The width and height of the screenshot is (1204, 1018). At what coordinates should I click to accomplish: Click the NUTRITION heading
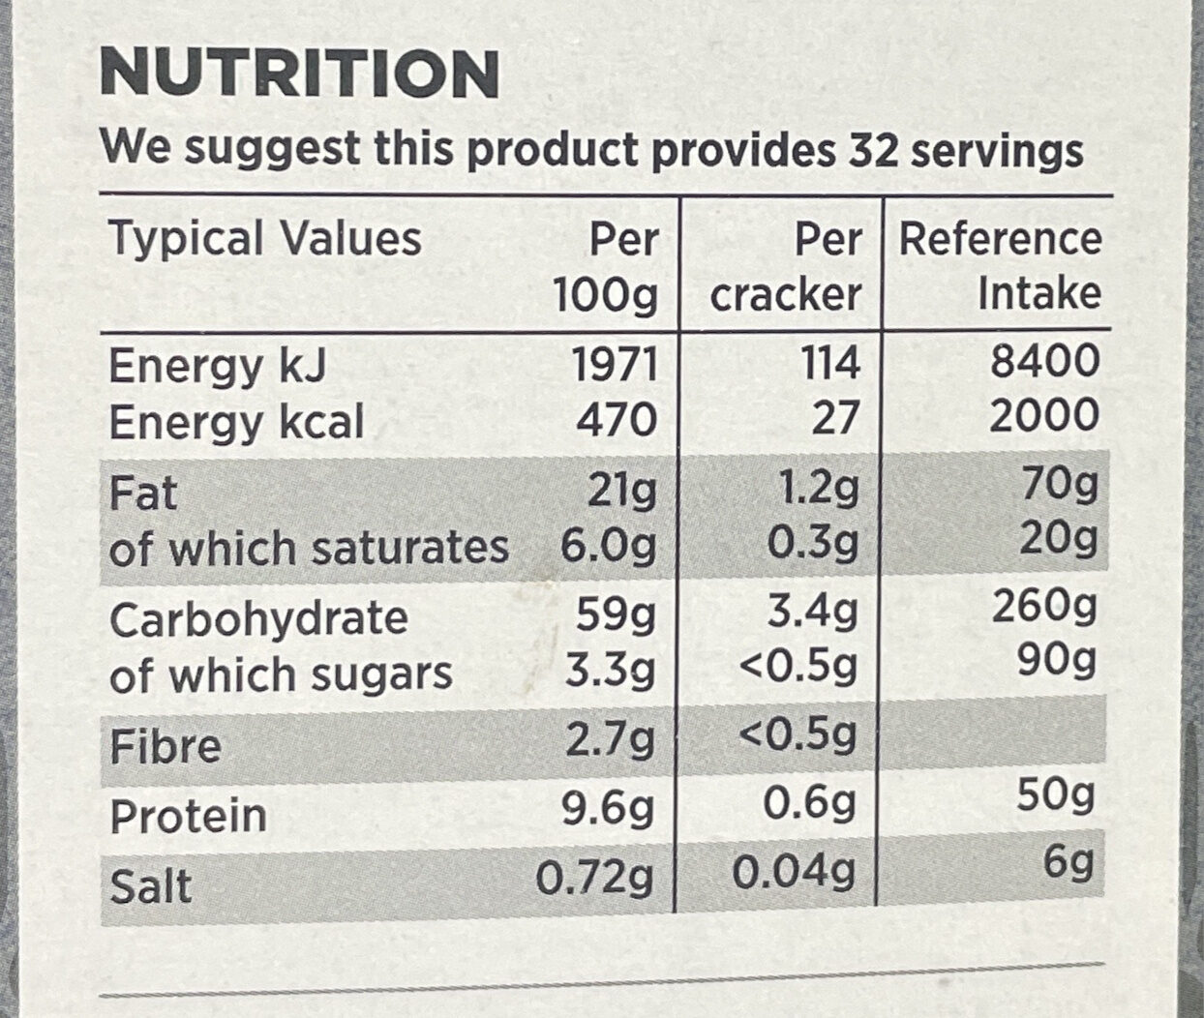299,74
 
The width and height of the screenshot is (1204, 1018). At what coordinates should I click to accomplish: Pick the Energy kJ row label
218,366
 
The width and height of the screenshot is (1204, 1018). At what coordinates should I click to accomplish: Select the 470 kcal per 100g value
617,420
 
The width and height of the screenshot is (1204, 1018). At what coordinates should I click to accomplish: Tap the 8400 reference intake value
1045,361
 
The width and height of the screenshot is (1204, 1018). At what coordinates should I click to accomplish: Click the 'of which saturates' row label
309,548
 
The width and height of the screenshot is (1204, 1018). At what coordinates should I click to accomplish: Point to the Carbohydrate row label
258,618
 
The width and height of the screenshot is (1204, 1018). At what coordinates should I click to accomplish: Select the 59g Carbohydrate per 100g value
617,615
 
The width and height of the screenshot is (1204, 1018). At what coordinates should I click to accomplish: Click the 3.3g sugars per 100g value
610,672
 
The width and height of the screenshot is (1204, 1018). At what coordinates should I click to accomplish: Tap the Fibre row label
166,746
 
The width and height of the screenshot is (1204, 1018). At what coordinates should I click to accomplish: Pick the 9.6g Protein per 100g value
608,808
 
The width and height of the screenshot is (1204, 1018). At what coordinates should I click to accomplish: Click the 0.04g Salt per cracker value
794,874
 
